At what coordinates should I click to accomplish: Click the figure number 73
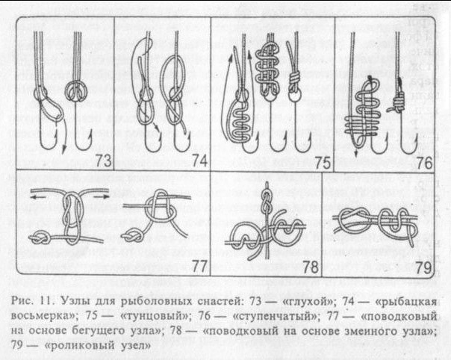tap(101, 158)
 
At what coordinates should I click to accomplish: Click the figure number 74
tap(198, 158)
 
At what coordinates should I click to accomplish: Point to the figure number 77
tap(196, 264)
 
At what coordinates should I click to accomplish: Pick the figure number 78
tap(309, 264)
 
